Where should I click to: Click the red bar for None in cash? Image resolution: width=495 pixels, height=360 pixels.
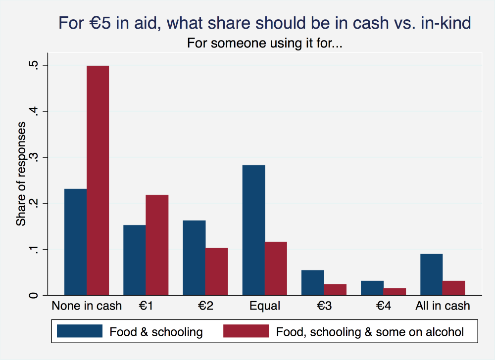click(98, 180)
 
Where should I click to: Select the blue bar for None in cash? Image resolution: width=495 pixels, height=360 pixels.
click(76, 242)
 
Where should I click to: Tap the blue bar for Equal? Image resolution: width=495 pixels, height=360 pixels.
click(253, 230)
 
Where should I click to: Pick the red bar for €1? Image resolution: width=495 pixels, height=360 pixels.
click(157, 245)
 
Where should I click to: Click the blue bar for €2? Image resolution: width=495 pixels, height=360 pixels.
click(194, 258)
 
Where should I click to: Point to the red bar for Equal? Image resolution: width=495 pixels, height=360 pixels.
click(276, 269)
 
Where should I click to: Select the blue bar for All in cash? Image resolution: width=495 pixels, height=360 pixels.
click(431, 274)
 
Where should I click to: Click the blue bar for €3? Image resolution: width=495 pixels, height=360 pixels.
click(313, 282)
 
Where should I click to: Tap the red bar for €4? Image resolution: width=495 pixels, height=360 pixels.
click(395, 291)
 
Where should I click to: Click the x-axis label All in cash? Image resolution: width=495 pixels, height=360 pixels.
click(443, 306)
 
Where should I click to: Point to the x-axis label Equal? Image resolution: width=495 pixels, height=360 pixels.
click(265, 306)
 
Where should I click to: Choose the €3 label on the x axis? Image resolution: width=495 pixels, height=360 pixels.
click(324, 306)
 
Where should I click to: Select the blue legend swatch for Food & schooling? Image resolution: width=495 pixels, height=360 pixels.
click(80, 331)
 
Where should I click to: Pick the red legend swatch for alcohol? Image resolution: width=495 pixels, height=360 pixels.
click(246, 331)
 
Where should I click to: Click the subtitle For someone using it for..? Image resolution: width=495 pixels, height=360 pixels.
click(265, 44)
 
